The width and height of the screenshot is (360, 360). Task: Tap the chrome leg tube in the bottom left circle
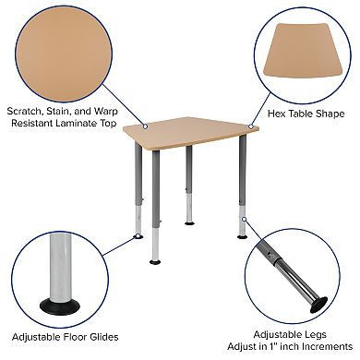pyautogui.click(x=57, y=268)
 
